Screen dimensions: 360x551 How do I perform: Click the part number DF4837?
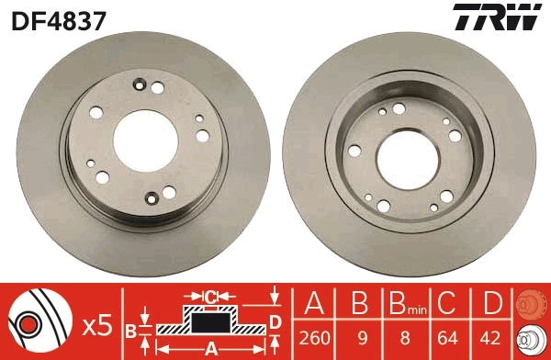click(x=57, y=17)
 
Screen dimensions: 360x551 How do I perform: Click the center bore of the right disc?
click(x=410, y=149)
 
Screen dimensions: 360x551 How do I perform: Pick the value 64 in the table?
click(x=447, y=337)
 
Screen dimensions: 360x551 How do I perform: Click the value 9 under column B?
click(x=358, y=337)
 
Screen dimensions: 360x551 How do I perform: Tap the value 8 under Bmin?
click(x=402, y=337)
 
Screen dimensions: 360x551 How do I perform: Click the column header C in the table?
click(x=447, y=304)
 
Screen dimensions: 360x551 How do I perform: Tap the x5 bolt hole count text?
click(x=96, y=324)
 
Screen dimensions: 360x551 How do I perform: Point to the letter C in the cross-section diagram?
click(x=211, y=296)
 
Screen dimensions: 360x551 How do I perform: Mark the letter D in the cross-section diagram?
click(x=275, y=321)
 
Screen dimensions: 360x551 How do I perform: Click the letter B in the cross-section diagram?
click(x=130, y=329)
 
